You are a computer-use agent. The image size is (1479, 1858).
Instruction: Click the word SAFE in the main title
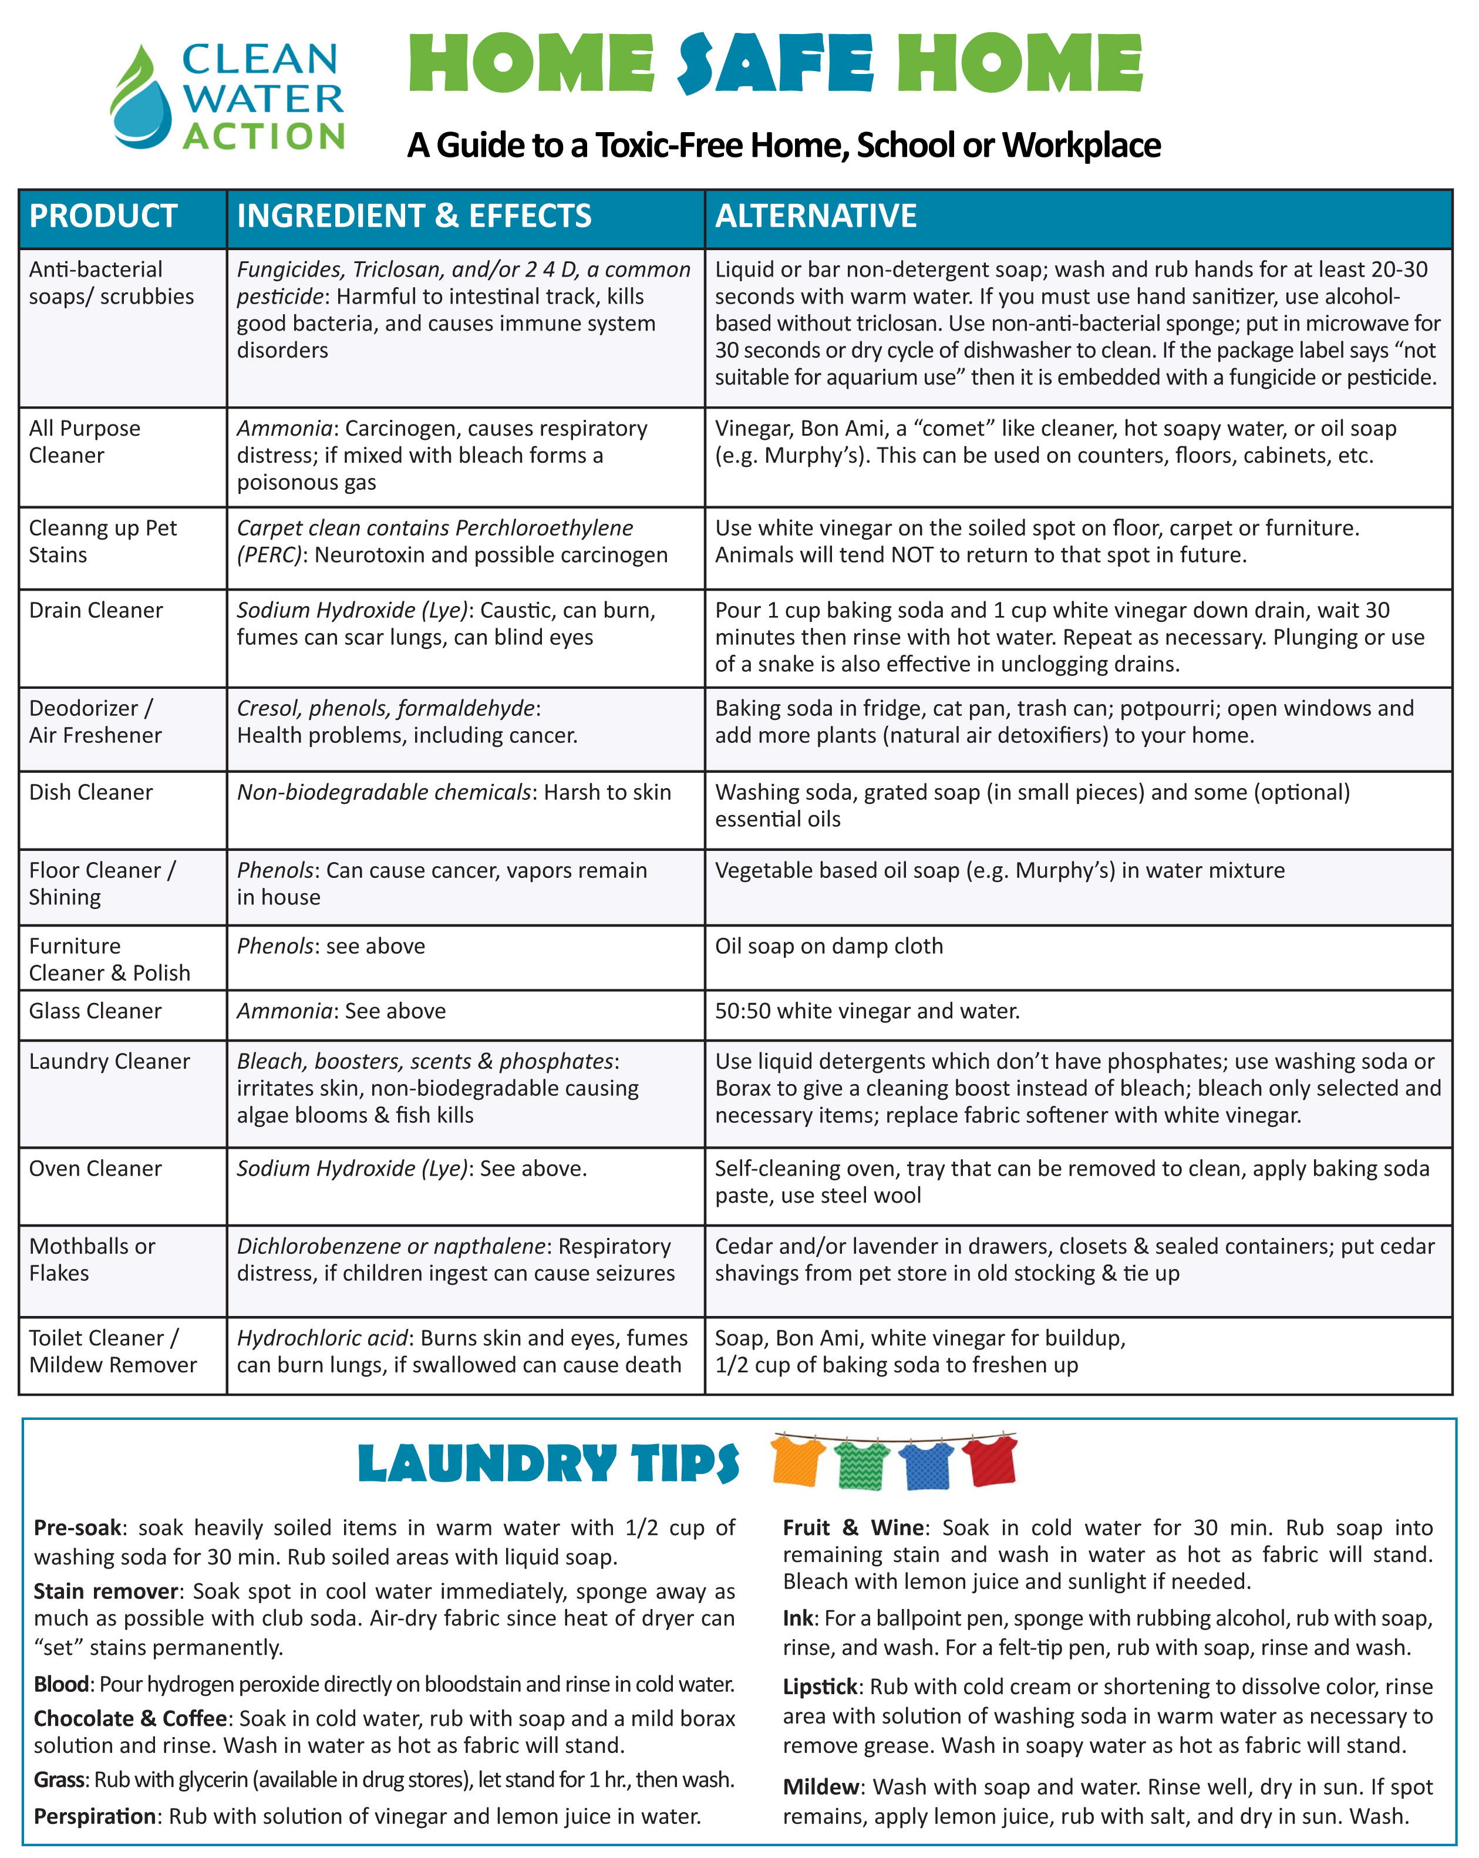click(x=776, y=65)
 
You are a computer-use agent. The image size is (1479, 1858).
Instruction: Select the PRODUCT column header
click(x=103, y=216)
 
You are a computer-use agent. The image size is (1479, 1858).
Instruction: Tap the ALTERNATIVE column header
click(x=816, y=216)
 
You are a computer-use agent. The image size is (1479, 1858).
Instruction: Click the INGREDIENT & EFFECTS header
click(x=414, y=216)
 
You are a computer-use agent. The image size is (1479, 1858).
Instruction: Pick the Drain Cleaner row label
click(x=96, y=610)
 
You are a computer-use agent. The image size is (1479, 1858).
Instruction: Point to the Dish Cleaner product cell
click(x=90, y=792)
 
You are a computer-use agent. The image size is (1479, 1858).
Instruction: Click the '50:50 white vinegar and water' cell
click(x=867, y=1011)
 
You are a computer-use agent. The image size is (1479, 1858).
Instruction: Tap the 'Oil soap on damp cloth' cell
click(x=829, y=946)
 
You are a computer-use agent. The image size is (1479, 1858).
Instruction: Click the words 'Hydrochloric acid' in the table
click(x=322, y=1338)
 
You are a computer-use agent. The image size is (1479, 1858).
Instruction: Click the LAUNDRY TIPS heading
click(x=548, y=1464)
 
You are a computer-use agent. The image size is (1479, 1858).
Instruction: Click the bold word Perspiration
click(x=95, y=1816)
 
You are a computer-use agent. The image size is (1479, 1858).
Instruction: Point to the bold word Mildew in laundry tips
click(x=820, y=1786)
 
